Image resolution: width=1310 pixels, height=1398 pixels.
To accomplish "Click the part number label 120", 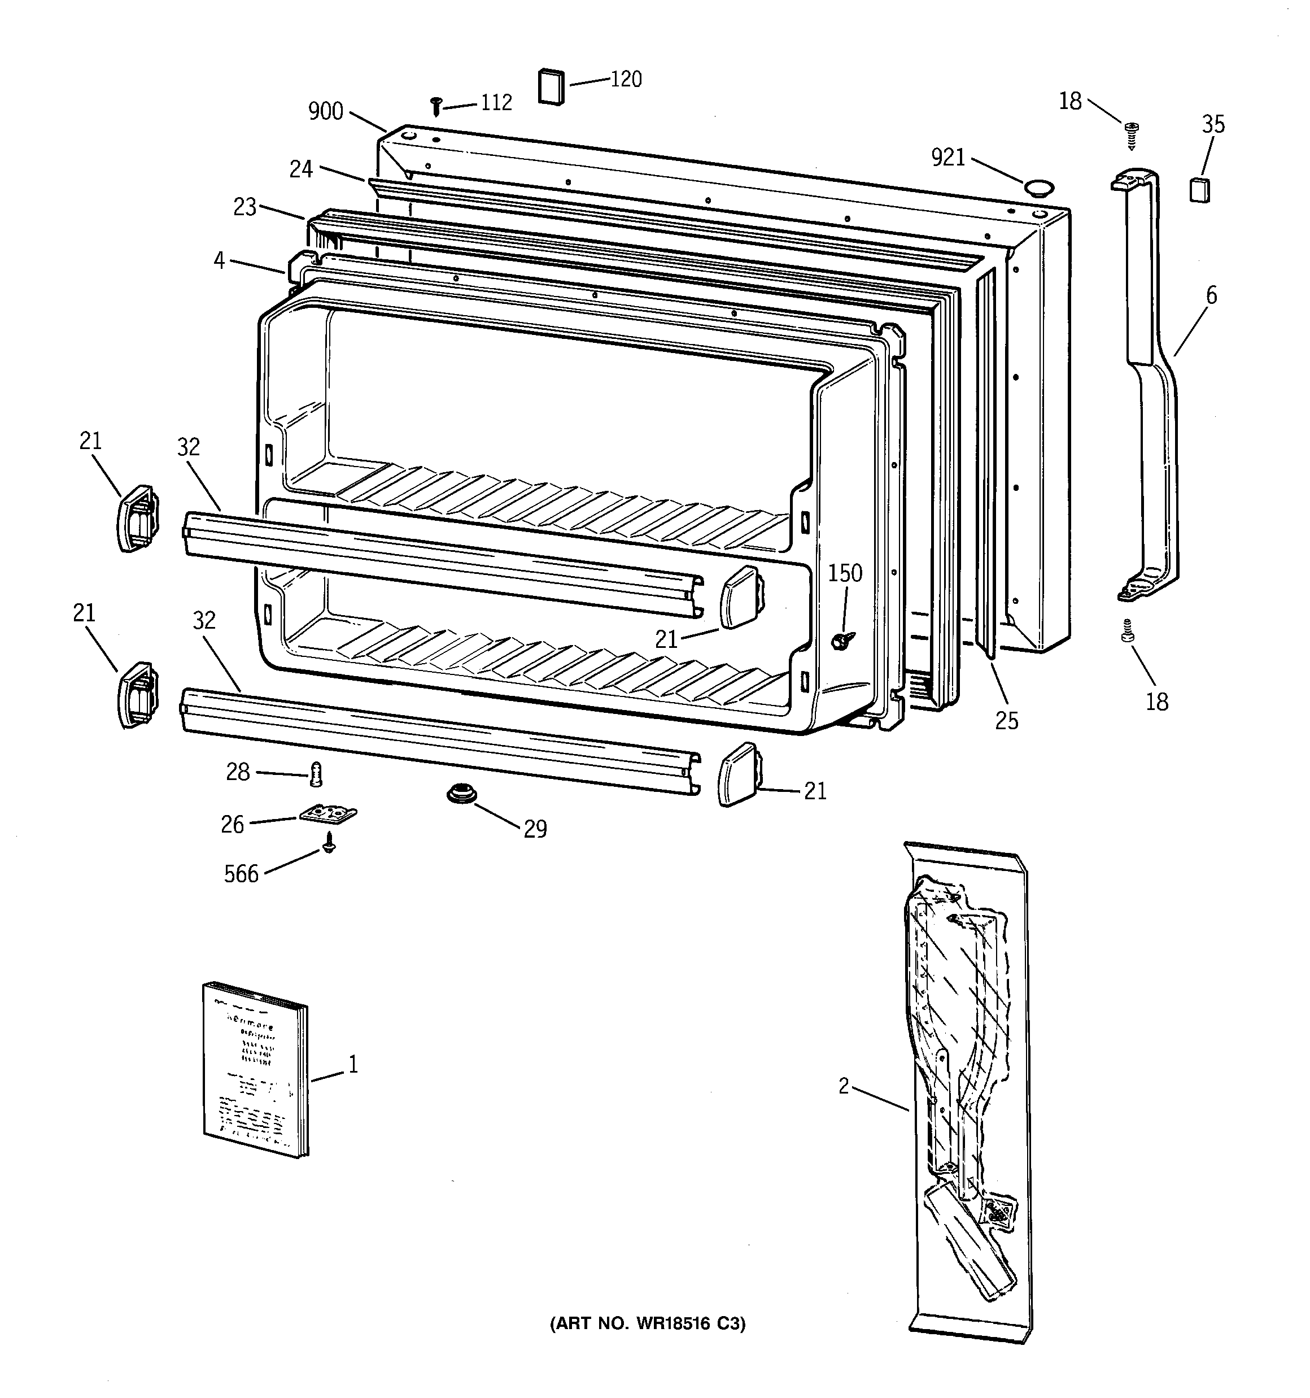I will point(625,80).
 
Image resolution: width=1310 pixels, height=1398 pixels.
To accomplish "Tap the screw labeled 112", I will point(436,107).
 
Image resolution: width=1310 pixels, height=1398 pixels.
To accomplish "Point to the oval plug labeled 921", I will point(1038,187).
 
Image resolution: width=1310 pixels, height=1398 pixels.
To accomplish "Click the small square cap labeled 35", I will point(1199,190).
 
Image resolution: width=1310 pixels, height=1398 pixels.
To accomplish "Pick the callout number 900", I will point(326,111).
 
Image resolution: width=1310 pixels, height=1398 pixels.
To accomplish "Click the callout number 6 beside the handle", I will point(1211,295).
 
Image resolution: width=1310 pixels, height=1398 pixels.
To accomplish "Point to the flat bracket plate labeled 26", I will point(327,815).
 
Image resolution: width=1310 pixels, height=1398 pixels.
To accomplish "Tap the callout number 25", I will point(1006,721).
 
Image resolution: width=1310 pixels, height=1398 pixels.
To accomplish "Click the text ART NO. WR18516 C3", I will point(647,1324).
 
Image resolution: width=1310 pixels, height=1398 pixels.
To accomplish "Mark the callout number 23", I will point(244,207).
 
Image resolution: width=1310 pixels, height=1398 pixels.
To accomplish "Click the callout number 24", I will point(301,169).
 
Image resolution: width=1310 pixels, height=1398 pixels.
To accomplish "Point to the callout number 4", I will point(220,261).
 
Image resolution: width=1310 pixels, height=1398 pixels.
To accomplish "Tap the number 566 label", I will point(241,874).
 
